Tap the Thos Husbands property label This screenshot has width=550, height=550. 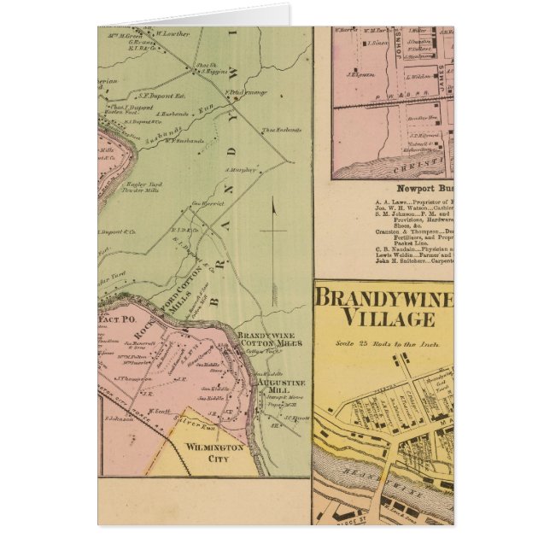pyautogui.click(x=281, y=130)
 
